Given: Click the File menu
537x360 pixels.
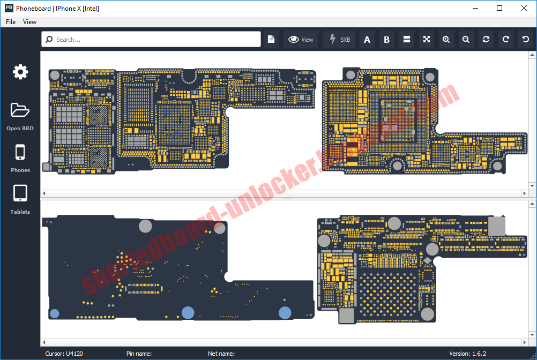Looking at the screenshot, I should (11, 22).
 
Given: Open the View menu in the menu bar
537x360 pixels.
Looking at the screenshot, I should (30, 22).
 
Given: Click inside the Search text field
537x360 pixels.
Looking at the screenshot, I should (155, 40).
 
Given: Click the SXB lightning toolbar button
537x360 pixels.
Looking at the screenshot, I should (339, 40).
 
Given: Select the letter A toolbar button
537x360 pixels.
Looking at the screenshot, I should (367, 40).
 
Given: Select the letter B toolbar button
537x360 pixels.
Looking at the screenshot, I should (386, 40).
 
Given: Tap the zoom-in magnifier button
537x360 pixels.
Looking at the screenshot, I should (446, 40).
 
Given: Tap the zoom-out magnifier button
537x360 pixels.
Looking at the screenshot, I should (466, 40).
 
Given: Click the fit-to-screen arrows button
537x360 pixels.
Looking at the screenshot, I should (426, 40).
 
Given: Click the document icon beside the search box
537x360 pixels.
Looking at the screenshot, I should (271, 40).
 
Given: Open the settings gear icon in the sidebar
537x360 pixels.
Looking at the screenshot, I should (20, 72).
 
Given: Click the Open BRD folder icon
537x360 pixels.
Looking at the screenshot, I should (20, 110).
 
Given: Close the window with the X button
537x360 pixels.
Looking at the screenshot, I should (524, 8).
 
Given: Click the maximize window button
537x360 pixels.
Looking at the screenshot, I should (499, 8).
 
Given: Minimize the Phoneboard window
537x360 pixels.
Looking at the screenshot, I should (475, 8).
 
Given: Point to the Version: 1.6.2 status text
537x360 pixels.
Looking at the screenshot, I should (467, 354).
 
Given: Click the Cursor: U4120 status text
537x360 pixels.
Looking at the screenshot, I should (64, 354).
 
